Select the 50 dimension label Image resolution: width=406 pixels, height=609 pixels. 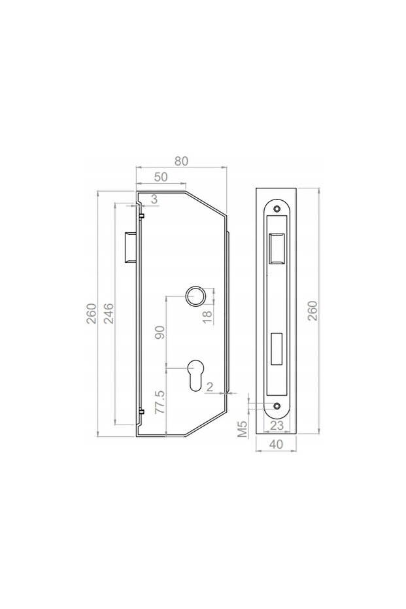click(x=161, y=177)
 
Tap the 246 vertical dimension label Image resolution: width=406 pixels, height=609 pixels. click(x=109, y=315)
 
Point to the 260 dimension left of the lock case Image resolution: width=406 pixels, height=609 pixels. click(x=92, y=315)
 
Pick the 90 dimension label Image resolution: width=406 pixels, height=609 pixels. click(x=158, y=334)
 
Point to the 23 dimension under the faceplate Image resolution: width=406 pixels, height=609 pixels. click(x=276, y=425)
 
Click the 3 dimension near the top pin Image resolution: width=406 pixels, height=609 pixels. click(x=154, y=199)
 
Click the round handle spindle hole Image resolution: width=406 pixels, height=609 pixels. click(x=195, y=296)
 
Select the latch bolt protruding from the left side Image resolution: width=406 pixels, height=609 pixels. click(x=129, y=248)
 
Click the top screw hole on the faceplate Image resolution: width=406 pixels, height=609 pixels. click(x=276, y=209)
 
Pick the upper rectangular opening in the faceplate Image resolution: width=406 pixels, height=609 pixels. click(x=276, y=248)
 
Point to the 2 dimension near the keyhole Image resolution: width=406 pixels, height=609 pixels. click(x=209, y=387)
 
